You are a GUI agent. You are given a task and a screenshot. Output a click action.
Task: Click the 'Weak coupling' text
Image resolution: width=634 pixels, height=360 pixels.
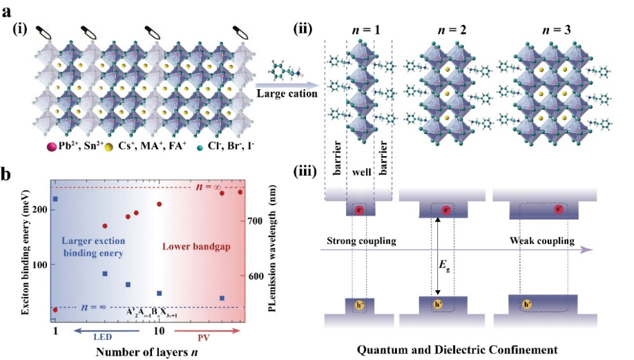[x=541, y=241]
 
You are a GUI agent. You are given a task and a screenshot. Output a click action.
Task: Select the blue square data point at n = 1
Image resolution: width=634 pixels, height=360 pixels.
[x=55, y=199]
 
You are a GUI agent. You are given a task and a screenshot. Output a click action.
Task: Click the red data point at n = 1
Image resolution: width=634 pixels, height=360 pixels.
[x=55, y=310]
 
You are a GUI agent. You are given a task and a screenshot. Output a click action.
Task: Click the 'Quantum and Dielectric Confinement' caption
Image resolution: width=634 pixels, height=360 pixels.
[x=457, y=349]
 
